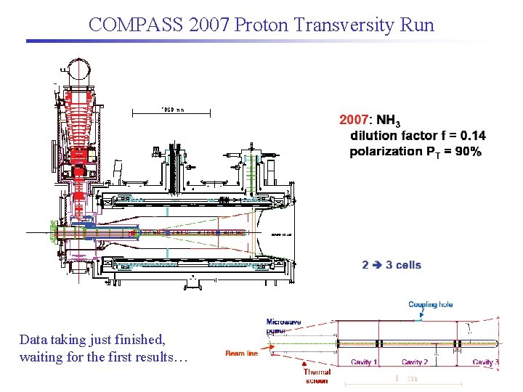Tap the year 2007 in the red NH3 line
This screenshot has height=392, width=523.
pos(354,120)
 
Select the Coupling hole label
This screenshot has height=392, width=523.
pos(430,305)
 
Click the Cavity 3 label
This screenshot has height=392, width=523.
pos(485,362)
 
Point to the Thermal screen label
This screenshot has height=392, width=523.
pos(317,376)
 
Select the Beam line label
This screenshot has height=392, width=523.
pos(241,354)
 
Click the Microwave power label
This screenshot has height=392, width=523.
pos(283,325)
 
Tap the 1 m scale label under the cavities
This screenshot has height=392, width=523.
pos(408,377)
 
